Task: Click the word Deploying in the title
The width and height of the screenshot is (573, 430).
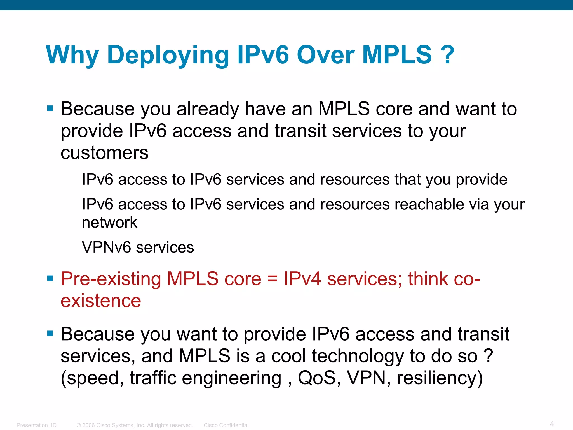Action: point(168,55)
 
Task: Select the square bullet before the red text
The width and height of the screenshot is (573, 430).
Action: point(50,279)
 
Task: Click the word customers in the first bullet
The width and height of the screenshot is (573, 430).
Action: point(104,153)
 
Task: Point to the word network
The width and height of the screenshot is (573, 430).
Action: point(109,223)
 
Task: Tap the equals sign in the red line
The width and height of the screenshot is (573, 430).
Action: point(272,279)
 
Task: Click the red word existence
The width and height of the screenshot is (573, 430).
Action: point(101,301)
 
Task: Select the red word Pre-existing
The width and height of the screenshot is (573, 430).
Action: point(111,279)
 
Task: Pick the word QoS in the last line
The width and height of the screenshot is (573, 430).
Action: point(316,378)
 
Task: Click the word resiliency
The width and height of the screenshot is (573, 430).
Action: point(439,378)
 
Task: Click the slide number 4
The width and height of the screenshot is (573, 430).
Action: point(552,424)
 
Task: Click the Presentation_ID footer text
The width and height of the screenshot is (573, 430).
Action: point(36,425)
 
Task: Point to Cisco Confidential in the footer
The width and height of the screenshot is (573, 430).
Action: point(226,425)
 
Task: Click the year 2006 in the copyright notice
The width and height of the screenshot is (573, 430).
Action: point(88,425)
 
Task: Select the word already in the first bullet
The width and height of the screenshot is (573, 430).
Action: point(208,109)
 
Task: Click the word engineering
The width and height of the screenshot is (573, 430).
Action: point(232,378)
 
